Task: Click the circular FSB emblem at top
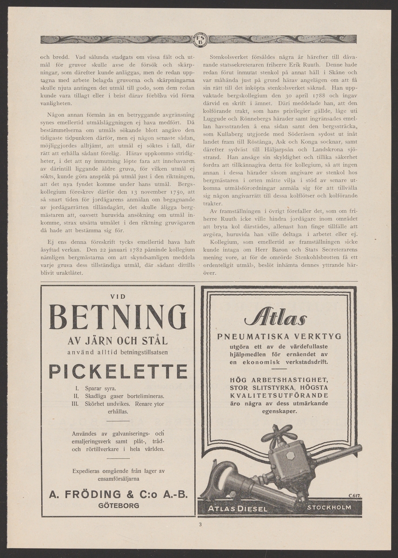199,40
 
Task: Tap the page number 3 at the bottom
199,526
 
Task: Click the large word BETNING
118,318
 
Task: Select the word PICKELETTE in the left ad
118,371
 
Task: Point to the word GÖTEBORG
118,505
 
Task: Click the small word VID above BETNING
118,296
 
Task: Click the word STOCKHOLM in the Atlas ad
329,507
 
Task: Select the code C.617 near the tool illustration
354,497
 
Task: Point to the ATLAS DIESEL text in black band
238,508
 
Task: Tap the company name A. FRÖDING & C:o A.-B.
118,494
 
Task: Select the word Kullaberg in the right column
231,134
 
